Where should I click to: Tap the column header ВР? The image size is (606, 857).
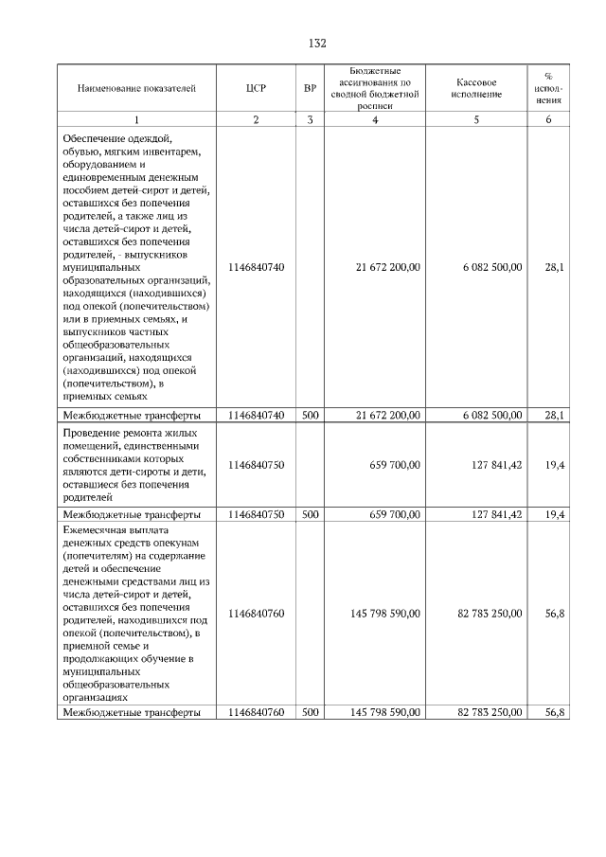tap(310, 88)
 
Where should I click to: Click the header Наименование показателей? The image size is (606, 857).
tap(136, 88)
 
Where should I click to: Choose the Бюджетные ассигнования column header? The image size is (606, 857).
tap(376, 88)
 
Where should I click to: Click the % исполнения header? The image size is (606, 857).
tap(549, 88)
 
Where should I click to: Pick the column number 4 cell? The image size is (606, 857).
tap(376, 119)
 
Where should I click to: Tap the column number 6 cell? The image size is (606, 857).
tap(549, 119)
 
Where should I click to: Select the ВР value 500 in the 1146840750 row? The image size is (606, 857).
tap(310, 514)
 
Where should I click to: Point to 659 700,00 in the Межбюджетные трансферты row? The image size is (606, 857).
tap(395, 514)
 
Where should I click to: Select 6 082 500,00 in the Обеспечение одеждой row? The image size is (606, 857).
tap(490, 268)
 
